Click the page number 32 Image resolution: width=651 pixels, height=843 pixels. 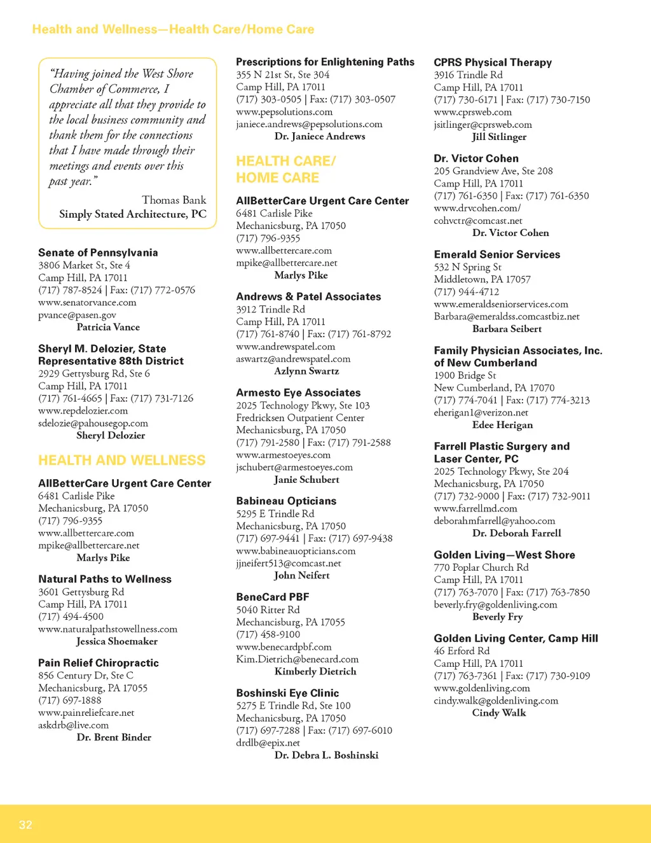point(25,825)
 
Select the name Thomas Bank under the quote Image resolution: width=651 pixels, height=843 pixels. point(174,200)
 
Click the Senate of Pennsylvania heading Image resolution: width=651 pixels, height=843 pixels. point(98,253)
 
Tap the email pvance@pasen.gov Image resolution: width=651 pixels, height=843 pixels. point(77,315)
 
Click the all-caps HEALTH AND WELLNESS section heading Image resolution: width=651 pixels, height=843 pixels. point(121,460)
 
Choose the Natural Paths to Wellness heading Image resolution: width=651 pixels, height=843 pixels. point(105,579)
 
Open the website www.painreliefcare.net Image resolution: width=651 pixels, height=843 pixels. point(86,713)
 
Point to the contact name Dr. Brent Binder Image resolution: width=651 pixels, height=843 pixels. point(114,737)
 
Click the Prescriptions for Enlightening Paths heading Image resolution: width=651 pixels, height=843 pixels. point(325,62)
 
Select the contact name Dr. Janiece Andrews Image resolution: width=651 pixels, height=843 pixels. point(320,136)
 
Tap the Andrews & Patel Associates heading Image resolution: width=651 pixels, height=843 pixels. point(308,296)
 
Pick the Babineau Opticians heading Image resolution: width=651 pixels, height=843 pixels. point(286,501)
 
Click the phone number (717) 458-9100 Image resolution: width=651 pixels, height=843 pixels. point(268,634)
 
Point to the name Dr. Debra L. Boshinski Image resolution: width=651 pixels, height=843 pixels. point(326,755)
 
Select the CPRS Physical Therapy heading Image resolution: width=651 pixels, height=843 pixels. point(493,62)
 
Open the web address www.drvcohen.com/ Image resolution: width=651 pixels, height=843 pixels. point(477,208)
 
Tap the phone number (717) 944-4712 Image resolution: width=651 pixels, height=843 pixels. point(466,291)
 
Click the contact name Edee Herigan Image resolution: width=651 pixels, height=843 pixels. point(502,425)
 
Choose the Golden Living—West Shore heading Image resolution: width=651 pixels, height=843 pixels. point(504,555)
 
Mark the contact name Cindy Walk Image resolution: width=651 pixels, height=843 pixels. point(498,713)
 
